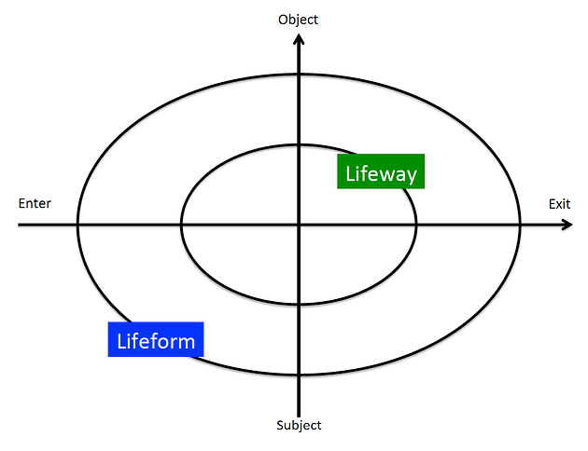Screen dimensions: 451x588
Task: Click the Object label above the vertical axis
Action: click(x=299, y=19)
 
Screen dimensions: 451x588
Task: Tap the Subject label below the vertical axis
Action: click(x=299, y=426)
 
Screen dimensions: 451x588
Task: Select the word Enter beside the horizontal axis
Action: click(x=35, y=203)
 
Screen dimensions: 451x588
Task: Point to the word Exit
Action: click(x=559, y=203)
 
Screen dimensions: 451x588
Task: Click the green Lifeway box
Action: click(x=381, y=172)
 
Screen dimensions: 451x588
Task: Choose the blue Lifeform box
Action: click(x=156, y=340)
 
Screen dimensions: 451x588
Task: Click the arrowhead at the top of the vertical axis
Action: click(x=299, y=38)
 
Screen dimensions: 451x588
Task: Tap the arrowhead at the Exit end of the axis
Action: click(x=566, y=225)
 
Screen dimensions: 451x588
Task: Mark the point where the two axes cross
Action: click(x=299, y=225)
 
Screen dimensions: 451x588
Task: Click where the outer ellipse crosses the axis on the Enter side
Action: click(x=77, y=225)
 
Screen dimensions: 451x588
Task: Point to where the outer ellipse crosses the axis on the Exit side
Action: click(x=520, y=225)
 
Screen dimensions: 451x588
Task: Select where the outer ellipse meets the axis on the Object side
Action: click(x=299, y=74)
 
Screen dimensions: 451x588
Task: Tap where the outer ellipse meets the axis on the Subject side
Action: click(x=299, y=376)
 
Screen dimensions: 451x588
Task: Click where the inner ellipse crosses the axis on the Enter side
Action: click(x=181, y=225)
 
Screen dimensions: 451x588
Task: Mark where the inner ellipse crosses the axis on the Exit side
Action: click(x=416, y=225)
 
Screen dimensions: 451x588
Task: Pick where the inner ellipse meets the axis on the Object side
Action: click(x=299, y=144)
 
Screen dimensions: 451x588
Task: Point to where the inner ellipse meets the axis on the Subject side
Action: click(x=299, y=305)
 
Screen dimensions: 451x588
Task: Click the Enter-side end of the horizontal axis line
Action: click(x=20, y=225)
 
